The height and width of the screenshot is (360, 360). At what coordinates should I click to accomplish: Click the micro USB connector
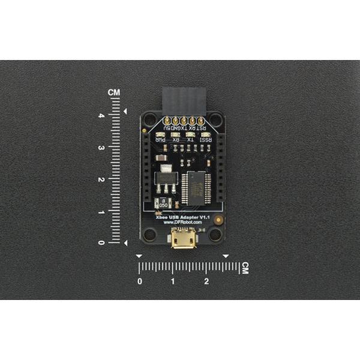click(x=183, y=241)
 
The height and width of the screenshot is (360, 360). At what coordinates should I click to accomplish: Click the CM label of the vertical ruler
click(x=114, y=92)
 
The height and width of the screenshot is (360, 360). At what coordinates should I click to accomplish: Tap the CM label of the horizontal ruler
click(x=244, y=268)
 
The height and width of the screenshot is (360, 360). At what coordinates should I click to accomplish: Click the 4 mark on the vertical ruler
click(x=103, y=115)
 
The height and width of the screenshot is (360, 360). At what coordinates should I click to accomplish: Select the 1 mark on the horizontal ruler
click(x=173, y=281)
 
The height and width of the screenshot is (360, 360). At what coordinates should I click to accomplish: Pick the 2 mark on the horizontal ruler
click(x=206, y=281)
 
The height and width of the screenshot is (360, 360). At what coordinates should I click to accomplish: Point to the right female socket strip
click(x=220, y=171)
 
